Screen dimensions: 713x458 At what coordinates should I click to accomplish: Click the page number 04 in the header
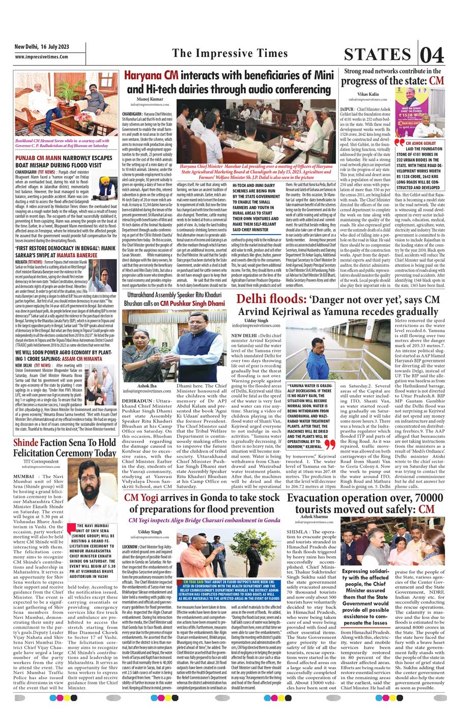click(432, 54)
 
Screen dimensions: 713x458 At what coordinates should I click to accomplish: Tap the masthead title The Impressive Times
click(230, 53)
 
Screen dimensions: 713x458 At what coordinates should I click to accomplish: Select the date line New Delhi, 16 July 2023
click(42, 47)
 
